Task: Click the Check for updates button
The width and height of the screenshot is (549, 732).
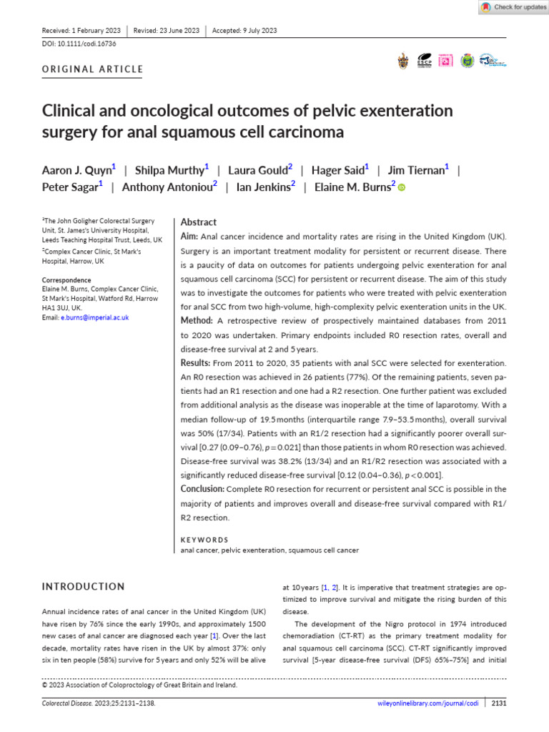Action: [511, 7]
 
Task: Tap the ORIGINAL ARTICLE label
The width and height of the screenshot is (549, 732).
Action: [93, 69]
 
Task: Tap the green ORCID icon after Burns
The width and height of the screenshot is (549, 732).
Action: [402, 188]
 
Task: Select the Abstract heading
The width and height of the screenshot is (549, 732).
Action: [199, 222]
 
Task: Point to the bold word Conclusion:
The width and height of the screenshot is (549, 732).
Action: [203, 489]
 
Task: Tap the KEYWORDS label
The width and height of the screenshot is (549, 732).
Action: [204, 540]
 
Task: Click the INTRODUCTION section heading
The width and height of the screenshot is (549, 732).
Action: [84, 587]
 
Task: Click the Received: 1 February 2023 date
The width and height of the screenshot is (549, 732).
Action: [81, 31]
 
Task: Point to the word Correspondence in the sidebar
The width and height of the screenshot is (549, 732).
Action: [66, 280]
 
